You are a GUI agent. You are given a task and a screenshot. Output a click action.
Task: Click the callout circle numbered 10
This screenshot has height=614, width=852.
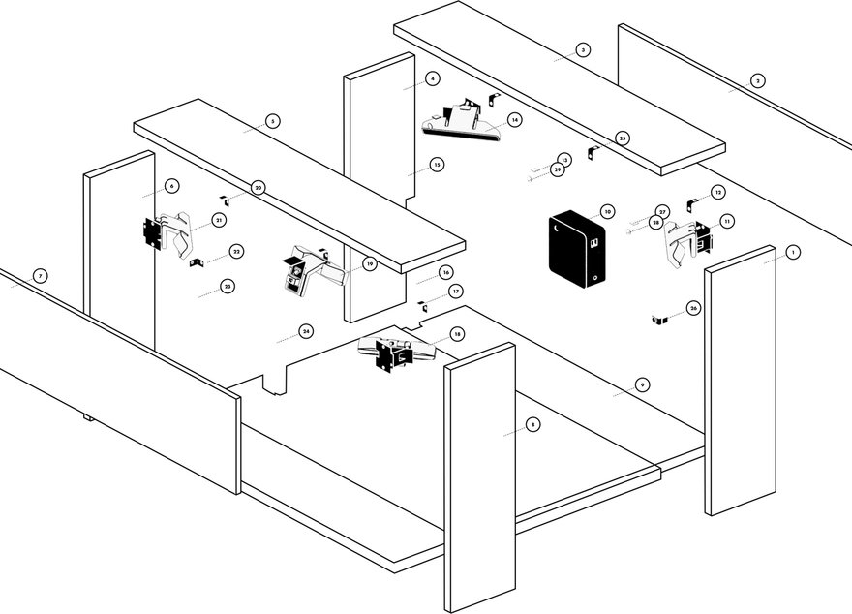click(x=607, y=210)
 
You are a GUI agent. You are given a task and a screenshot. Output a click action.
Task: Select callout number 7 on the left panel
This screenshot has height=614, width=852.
click(x=40, y=276)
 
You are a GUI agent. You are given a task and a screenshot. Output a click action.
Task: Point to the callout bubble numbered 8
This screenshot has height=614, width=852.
click(x=533, y=424)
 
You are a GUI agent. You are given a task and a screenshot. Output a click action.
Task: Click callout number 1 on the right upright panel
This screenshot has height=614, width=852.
click(x=793, y=252)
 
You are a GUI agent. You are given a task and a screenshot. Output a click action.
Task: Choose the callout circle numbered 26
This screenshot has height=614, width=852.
click(x=693, y=308)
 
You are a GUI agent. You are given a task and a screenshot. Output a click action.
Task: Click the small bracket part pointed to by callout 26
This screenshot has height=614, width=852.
click(x=662, y=320)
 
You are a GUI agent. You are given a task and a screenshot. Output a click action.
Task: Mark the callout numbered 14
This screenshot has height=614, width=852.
click(x=515, y=119)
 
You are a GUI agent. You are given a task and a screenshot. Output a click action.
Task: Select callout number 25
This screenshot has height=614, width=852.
click(x=623, y=138)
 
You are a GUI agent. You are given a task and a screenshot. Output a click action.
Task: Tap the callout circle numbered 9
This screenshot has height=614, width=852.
click(x=642, y=384)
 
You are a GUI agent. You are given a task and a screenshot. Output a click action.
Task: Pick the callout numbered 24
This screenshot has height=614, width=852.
click(x=306, y=331)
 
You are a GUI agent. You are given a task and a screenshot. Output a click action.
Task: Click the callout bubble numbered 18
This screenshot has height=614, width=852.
click(x=457, y=333)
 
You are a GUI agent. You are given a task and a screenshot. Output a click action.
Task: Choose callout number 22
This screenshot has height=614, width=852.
click(x=237, y=252)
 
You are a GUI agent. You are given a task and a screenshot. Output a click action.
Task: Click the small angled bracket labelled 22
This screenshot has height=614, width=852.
click(x=196, y=262)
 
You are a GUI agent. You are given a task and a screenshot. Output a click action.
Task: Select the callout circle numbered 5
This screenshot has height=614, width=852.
click(x=273, y=121)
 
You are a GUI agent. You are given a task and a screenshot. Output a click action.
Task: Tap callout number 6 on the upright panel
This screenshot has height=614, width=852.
click(x=171, y=185)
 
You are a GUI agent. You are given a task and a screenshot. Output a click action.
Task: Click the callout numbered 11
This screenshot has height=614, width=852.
click(x=727, y=221)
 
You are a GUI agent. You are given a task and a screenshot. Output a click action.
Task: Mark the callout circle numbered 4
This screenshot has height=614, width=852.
click(x=432, y=77)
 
